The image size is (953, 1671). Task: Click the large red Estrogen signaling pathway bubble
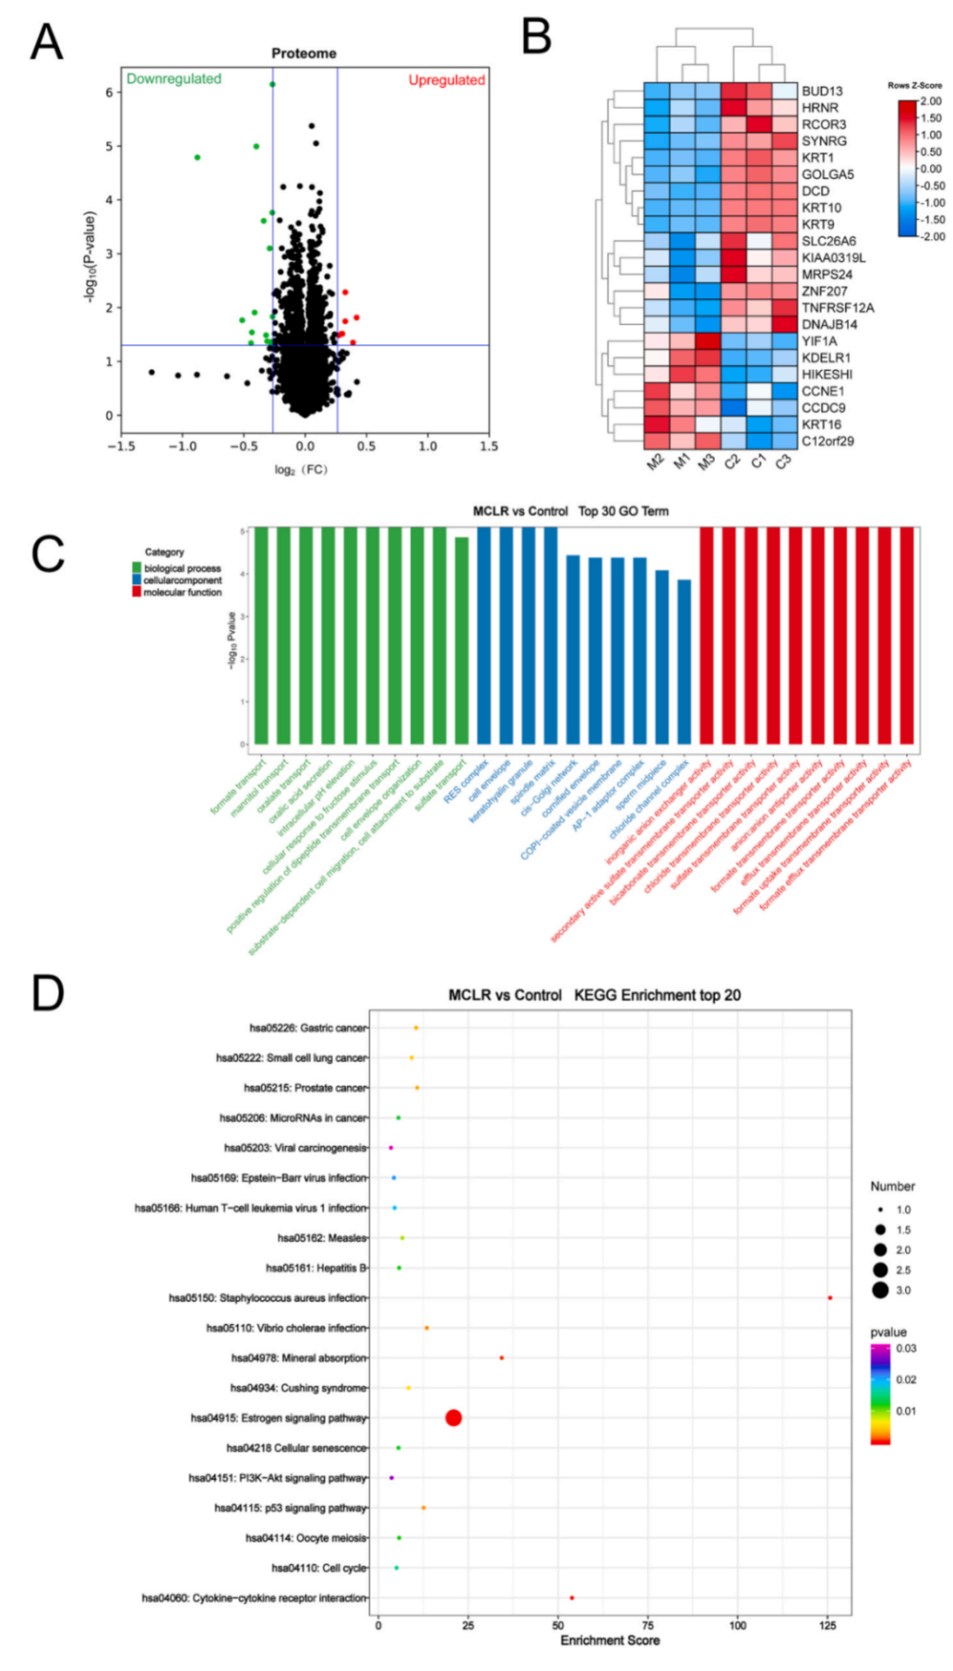coord(454,1417)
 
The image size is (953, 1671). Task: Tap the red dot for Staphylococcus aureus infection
coord(830,1297)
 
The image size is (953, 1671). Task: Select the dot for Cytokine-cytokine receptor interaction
coord(572,1598)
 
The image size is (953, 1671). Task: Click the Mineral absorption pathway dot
coord(502,1357)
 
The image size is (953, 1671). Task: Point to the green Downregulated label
coord(173,79)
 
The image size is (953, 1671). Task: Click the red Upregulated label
coord(446,80)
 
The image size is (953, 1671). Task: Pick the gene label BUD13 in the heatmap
coord(821,92)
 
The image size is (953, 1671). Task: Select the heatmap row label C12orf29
coord(827,441)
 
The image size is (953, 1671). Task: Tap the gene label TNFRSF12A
coord(837,308)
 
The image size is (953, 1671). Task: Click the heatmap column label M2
coord(655,462)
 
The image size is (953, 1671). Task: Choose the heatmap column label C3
coord(782,462)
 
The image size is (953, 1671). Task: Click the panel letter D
coord(48,992)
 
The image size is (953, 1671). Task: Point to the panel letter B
coord(537,38)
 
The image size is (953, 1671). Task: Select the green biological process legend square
coord(136,568)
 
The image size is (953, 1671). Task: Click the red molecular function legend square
coord(136,592)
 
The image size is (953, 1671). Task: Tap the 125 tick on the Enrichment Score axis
coord(827,1625)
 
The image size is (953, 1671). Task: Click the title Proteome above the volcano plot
coord(303,53)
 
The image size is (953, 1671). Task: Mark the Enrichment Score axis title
coord(610,1640)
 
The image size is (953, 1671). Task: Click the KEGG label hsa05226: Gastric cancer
coord(308,1028)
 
